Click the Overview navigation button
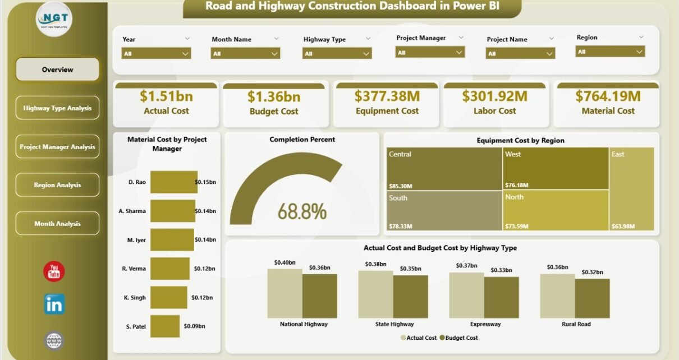click(57, 70)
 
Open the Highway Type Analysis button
click(57, 108)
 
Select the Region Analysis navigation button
click(57, 185)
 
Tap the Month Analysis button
click(57, 224)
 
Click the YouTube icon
click(54, 272)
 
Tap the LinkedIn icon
click(54, 304)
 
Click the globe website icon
click(54, 340)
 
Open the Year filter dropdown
click(156, 54)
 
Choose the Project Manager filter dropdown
click(430, 52)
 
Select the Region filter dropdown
click(610, 52)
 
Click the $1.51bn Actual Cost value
click(166, 96)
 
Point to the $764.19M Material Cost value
click(608, 96)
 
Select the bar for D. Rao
click(174, 182)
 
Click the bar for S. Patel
click(164, 326)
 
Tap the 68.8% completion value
click(302, 211)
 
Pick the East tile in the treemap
click(632, 189)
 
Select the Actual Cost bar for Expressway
click(466, 295)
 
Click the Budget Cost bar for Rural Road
click(592, 298)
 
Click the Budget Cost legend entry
click(458, 338)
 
